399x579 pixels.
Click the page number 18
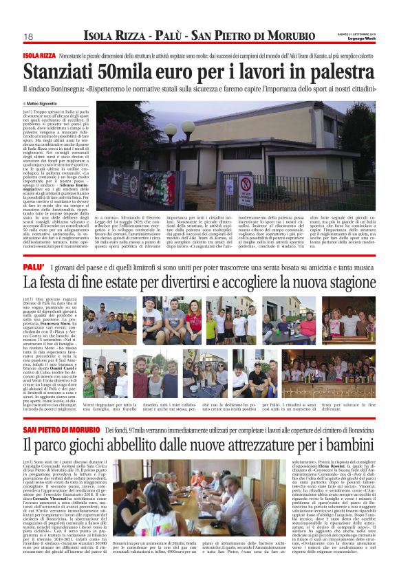click(x=28, y=36)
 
